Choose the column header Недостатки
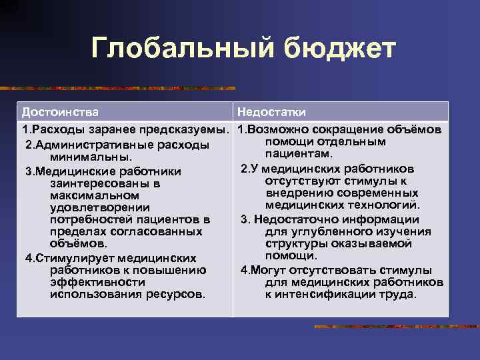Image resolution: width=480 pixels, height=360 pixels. [271, 111]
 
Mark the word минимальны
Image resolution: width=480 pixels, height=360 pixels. [89, 157]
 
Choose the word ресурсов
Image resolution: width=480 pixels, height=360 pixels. [180, 294]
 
